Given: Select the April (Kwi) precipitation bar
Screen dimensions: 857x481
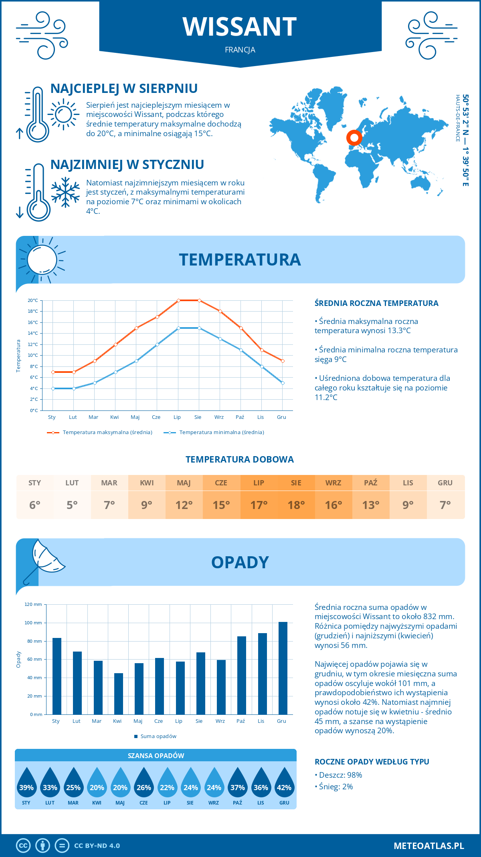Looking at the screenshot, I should point(119,694).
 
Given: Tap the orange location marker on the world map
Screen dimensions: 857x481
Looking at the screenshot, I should point(354,138).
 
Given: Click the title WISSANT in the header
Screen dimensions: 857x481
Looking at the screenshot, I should point(240,27).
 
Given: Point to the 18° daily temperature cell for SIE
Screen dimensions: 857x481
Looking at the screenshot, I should point(296,505).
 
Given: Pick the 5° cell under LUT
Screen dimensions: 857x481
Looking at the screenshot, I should point(72,505).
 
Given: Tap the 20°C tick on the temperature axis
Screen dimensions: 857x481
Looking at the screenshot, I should point(33,300).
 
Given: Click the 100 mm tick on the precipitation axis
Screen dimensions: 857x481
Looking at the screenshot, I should point(33,623).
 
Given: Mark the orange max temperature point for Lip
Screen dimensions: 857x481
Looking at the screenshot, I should point(178,300).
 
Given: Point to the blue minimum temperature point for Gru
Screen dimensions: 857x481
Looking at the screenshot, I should point(283,383).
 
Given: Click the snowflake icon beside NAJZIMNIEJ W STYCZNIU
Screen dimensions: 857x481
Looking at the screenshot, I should point(65,192).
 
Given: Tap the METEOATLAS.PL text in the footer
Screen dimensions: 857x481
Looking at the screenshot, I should point(428,846).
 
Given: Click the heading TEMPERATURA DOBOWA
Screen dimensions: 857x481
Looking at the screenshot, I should point(240,459).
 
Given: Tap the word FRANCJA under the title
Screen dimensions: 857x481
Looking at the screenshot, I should point(240,50).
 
